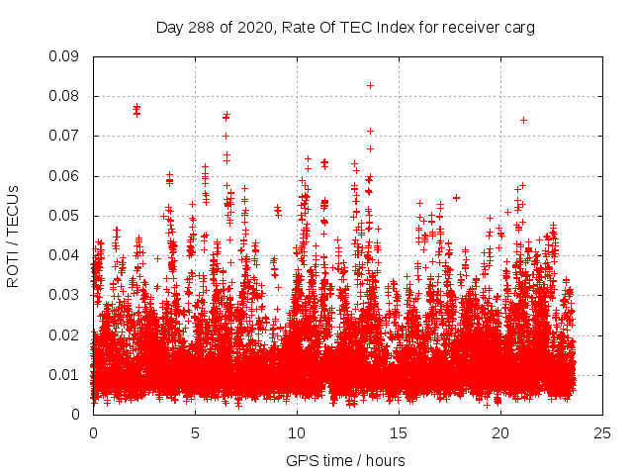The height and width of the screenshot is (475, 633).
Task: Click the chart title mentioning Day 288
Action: pyautogui.click(x=345, y=28)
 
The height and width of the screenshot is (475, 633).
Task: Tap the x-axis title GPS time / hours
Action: pyautogui.click(x=345, y=460)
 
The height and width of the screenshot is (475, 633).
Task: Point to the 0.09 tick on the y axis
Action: pyautogui.click(x=65, y=56)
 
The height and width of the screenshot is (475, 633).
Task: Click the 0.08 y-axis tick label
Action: pyautogui.click(x=65, y=96)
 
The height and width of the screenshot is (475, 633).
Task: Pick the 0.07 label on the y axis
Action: pyautogui.click(x=65, y=136)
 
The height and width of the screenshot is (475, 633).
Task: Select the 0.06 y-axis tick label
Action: pyautogui.click(x=65, y=176)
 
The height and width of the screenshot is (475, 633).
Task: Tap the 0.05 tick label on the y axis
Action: pyautogui.click(x=65, y=216)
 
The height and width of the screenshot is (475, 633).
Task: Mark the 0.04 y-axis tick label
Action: pyautogui.click(x=65, y=255)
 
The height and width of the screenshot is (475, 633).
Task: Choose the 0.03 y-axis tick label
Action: pyautogui.click(x=65, y=295)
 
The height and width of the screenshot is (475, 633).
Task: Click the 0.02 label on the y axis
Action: pyautogui.click(x=65, y=334)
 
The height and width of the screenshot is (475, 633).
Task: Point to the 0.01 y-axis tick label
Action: pyautogui.click(x=65, y=374)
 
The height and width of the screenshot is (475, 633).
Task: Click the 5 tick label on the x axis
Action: pyautogui.click(x=195, y=433)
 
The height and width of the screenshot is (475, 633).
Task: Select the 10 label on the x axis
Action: pyautogui.click(x=297, y=433)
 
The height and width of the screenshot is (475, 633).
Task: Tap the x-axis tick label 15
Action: pyautogui.click(x=399, y=433)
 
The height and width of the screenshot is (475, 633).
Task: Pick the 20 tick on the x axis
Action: pyautogui.click(x=500, y=433)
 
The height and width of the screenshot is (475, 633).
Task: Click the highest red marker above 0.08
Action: pyautogui.click(x=370, y=85)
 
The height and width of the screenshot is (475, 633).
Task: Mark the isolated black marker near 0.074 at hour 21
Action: pyautogui.click(x=523, y=120)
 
